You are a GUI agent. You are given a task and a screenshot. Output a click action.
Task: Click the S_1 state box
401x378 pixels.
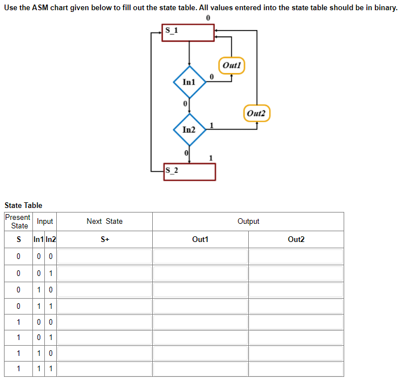tap(189, 32)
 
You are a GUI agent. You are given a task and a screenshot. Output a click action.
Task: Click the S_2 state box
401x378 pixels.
tap(190, 171)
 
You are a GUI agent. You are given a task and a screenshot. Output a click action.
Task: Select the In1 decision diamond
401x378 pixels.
tap(189, 82)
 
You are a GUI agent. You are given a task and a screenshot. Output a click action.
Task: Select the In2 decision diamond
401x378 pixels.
tap(189, 130)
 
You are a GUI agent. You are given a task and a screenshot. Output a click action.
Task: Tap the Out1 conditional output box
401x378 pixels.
tap(232, 65)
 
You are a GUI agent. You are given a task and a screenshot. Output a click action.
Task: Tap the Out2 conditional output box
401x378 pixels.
tap(257, 113)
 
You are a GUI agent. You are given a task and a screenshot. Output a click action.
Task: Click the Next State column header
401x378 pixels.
tap(105, 222)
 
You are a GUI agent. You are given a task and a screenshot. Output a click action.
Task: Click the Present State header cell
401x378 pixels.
tap(18, 222)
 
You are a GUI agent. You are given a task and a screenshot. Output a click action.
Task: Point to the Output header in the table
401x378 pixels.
tap(248, 222)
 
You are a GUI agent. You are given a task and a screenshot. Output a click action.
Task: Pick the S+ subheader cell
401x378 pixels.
tap(105, 240)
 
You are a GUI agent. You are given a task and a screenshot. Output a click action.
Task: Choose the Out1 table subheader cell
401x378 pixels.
tap(200, 240)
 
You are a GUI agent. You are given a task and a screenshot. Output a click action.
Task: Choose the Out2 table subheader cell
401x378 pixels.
tap(296, 240)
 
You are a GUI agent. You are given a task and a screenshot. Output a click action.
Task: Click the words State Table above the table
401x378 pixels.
tap(23, 205)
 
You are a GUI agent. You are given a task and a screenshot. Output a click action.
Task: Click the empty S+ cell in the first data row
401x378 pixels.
tap(105, 257)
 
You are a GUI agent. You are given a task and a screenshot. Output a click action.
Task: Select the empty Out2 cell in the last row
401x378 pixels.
tap(296, 369)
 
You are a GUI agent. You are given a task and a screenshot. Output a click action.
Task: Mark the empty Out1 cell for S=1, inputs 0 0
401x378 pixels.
tap(200, 321)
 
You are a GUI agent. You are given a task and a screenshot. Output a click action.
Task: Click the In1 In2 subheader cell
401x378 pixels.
tap(45, 240)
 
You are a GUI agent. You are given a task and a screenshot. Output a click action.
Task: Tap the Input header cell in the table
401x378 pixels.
tap(45, 222)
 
